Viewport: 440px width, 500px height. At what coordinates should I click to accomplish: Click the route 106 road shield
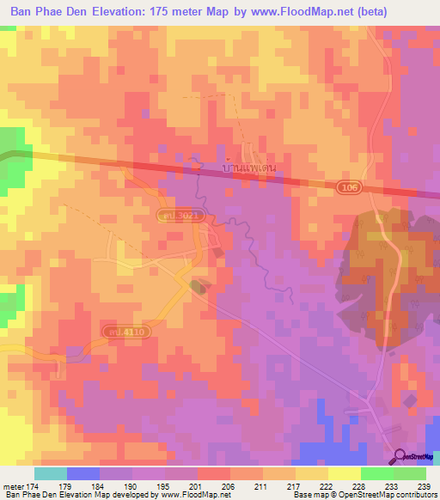(x=345, y=187)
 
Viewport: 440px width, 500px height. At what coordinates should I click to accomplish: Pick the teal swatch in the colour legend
(x=51, y=473)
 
